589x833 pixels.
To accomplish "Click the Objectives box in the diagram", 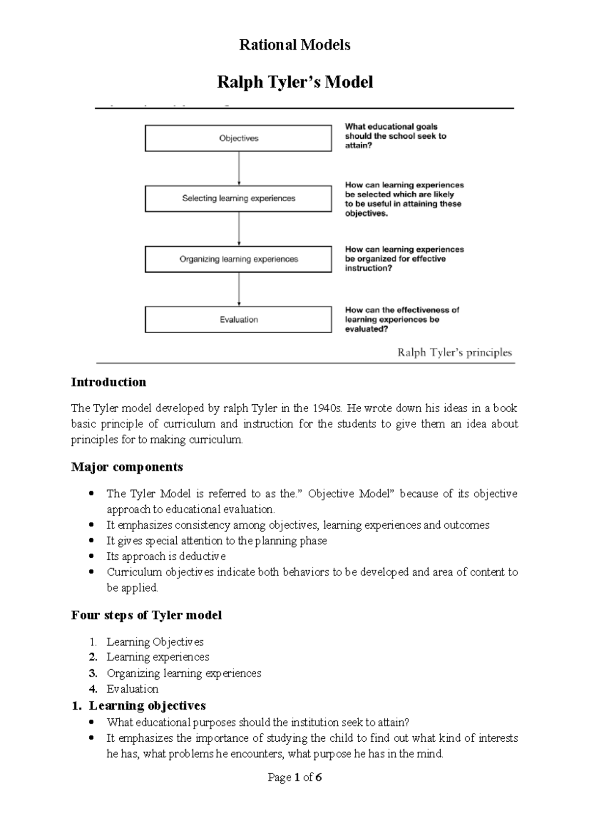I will [238, 138].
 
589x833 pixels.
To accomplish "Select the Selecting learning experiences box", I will [238, 199].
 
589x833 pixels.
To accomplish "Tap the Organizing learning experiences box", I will [238, 259].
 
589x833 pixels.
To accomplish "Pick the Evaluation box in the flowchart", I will [238, 319].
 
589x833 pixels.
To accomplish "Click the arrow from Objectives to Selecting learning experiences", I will [239, 168].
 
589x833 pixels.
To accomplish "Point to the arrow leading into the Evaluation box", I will [239, 289].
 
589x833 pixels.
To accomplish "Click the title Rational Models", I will [294, 45].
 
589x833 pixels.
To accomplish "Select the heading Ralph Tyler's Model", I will [294, 82].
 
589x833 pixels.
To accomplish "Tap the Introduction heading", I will [108, 382].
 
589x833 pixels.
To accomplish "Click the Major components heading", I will [127, 467].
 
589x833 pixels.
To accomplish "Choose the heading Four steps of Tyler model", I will [146, 615].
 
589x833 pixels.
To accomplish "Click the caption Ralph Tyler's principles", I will [454, 353].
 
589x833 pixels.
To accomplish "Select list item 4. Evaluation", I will [132, 689].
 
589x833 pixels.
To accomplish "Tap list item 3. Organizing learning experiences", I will [183, 673].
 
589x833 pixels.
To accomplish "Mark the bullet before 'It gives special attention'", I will [91, 541].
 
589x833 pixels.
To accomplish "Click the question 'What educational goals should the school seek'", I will [395, 136].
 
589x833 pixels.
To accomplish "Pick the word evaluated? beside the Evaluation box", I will [367, 329].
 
